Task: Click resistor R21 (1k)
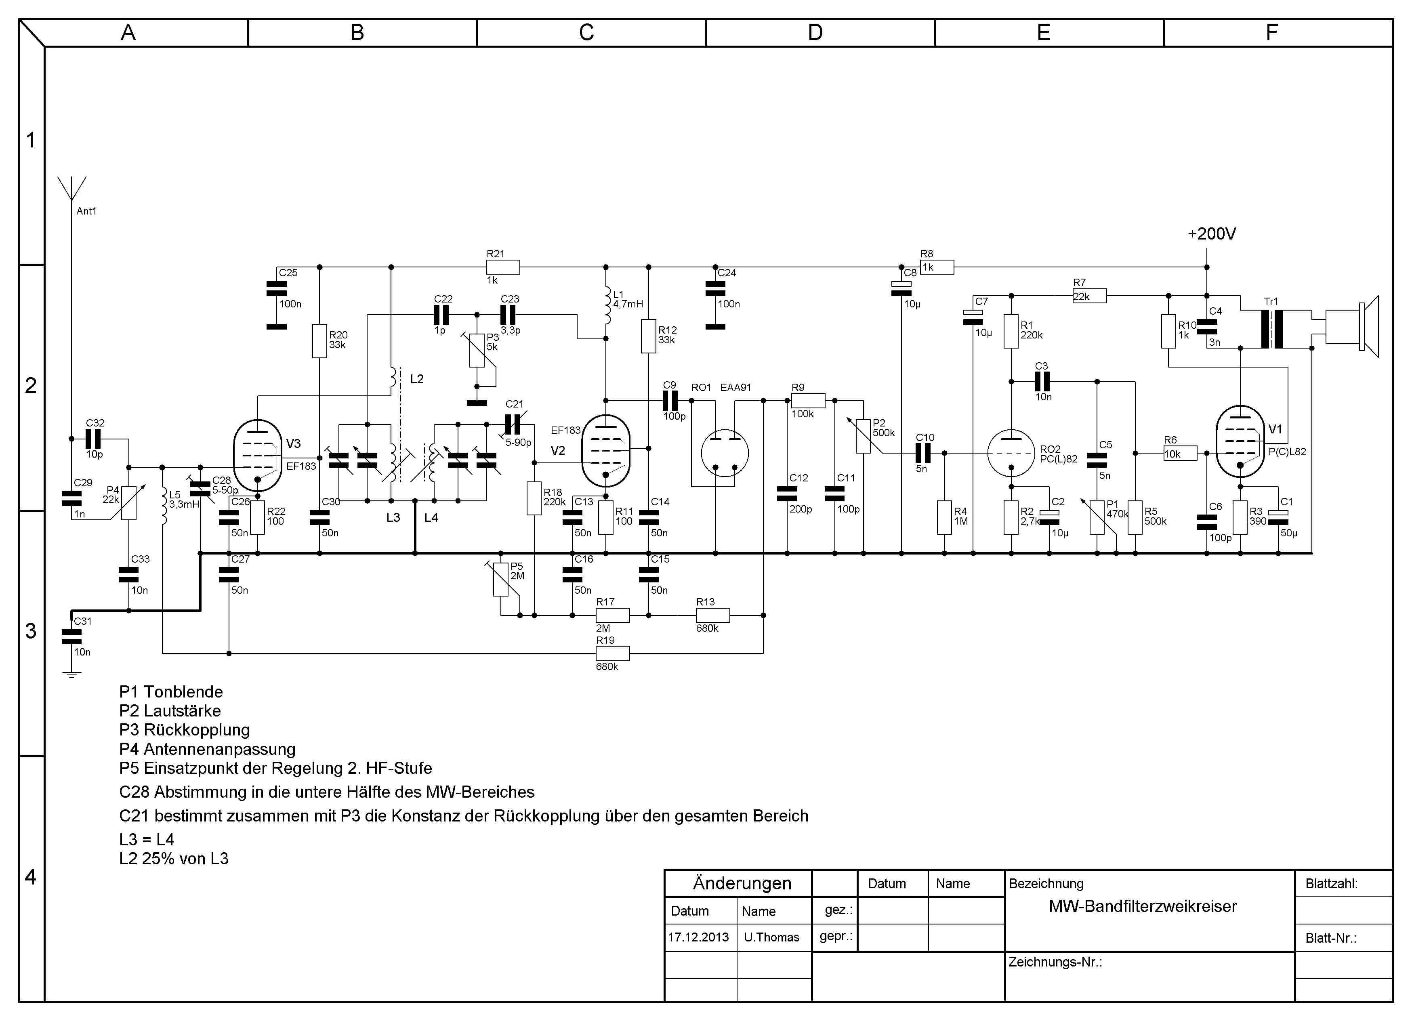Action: pos(503,267)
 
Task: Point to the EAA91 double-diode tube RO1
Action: pos(725,453)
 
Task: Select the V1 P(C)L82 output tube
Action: pos(1240,442)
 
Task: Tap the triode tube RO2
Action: pos(1011,453)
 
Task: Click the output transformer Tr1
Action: pos(1271,329)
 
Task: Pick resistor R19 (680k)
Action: pos(613,653)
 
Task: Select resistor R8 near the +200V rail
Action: pos(937,267)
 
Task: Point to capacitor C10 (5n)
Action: pos(924,453)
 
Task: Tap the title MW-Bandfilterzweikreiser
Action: pos(1143,906)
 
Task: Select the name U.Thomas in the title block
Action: pos(771,937)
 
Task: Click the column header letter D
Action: pos(815,32)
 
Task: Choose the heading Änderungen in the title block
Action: pos(742,883)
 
